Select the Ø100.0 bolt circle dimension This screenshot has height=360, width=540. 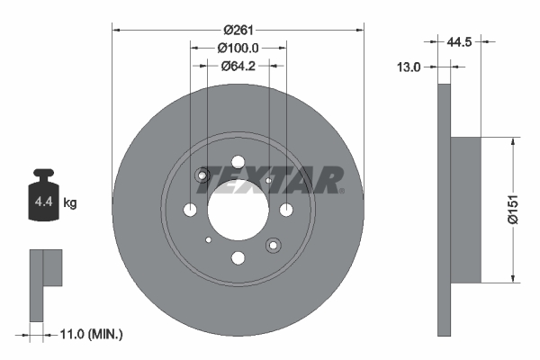click(x=238, y=48)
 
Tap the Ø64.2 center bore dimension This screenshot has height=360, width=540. click(x=238, y=65)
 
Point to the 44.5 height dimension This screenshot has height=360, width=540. click(x=460, y=40)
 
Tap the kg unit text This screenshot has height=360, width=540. click(x=71, y=203)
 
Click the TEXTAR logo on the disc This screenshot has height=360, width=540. click(x=270, y=179)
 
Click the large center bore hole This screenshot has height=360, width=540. click(x=238, y=211)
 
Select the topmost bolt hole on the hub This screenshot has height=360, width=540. click(x=238, y=163)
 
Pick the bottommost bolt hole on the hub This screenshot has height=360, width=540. click(x=238, y=259)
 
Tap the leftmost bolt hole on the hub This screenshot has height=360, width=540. click(x=190, y=211)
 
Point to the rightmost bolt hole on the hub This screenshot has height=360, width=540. click(x=286, y=211)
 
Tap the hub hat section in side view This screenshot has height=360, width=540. click(x=464, y=208)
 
